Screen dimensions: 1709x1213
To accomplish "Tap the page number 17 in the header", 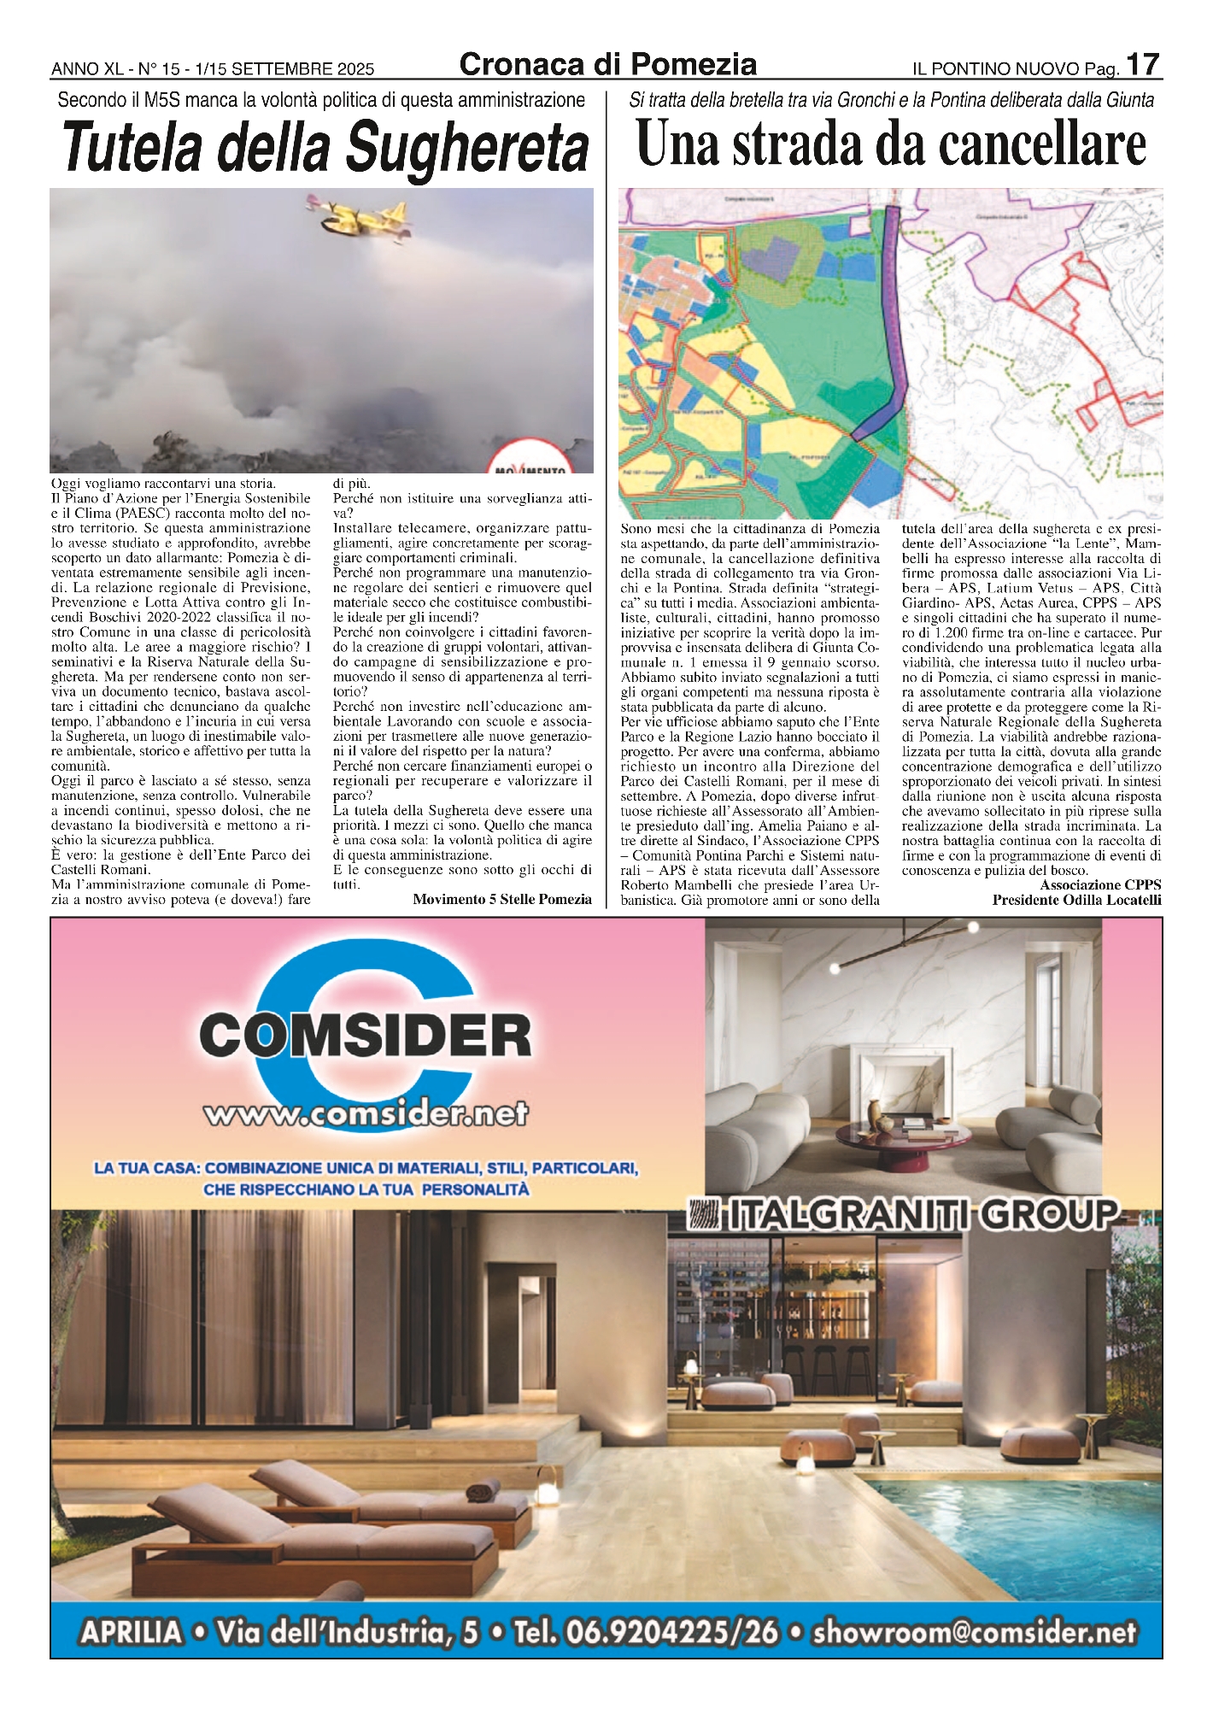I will click(1143, 65).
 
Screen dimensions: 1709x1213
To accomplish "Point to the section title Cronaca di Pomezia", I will click(607, 64).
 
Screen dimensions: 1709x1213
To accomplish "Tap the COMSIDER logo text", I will click(366, 1037).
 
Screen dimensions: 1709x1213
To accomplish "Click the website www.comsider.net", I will click(366, 1114).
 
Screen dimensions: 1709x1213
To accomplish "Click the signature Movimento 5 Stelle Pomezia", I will click(501, 899).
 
